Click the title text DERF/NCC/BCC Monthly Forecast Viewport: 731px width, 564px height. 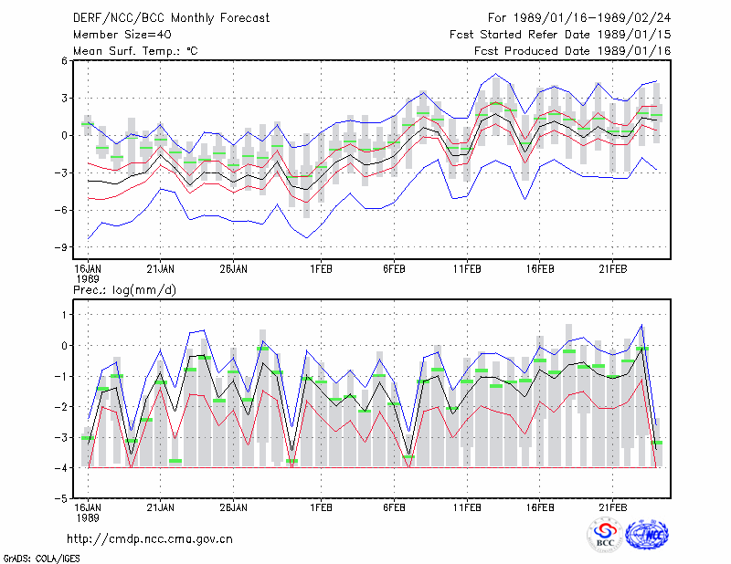(x=171, y=18)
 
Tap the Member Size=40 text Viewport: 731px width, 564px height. (x=122, y=35)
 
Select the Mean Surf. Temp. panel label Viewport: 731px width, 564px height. (x=135, y=51)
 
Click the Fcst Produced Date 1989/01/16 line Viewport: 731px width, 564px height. (x=573, y=51)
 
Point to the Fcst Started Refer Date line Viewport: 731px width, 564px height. (x=560, y=35)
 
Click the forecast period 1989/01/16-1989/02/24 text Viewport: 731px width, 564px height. (x=579, y=18)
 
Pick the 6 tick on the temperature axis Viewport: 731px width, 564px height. (x=64, y=60)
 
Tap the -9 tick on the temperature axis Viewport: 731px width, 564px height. (x=61, y=247)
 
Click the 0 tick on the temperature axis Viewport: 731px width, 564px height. (x=64, y=136)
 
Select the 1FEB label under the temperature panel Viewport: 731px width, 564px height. (x=321, y=269)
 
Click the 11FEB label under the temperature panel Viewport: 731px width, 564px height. (x=467, y=269)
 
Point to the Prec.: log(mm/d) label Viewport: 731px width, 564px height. (x=124, y=290)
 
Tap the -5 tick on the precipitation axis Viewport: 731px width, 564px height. (x=61, y=498)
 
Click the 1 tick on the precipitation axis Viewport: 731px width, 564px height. (x=64, y=315)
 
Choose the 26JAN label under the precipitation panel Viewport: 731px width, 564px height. (x=233, y=507)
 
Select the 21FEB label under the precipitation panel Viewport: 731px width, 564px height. (x=612, y=507)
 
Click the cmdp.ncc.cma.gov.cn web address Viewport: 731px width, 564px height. (x=150, y=539)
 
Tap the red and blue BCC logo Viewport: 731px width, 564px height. (x=605, y=535)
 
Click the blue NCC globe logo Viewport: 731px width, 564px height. (x=647, y=535)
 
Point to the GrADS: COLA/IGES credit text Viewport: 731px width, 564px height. (x=41, y=559)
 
